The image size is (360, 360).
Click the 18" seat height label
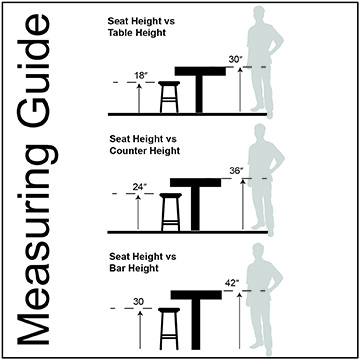click(141, 76)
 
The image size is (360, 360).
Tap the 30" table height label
click(236, 60)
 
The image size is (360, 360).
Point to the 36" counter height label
click(236, 171)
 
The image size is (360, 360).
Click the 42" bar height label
click(232, 283)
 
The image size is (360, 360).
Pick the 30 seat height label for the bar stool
click(139, 302)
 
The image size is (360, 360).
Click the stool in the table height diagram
click(169, 97)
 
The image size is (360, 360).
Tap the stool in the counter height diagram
click(171, 212)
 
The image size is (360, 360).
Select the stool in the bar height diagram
click(169, 328)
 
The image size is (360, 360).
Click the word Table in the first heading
click(119, 33)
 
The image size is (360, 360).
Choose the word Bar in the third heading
click(117, 268)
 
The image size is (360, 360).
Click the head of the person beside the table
click(258, 13)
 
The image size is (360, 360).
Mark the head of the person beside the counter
click(260, 132)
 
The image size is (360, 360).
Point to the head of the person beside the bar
click(259, 251)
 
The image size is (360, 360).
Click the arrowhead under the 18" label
click(139, 86)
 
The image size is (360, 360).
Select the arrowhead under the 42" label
click(239, 295)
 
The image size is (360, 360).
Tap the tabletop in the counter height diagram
click(195, 182)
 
